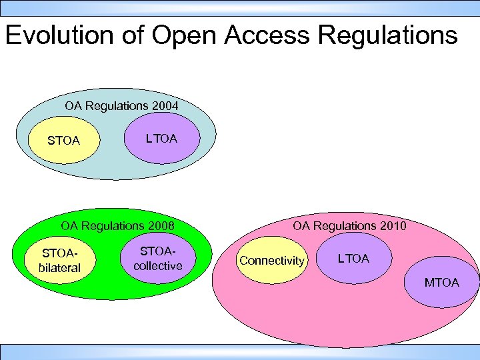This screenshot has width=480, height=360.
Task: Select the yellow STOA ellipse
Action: pyautogui.click(x=64, y=141)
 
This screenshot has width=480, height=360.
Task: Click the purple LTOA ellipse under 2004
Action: pyautogui.click(x=162, y=139)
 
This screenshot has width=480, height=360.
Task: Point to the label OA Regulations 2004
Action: pyautogui.click(x=121, y=105)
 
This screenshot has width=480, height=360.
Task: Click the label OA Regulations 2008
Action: pyautogui.click(x=117, y=226)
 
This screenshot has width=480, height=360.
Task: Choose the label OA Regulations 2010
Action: pyautogui.click(x=349, y=226)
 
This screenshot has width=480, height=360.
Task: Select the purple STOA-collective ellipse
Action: pyautogui.click(x=158, y=259)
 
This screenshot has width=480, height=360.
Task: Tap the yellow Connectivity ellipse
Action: pyautogui.click(x=271, y=261)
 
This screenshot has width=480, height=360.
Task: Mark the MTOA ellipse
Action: pyautogui.click(x=442, y=283)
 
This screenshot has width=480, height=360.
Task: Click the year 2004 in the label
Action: pyautogui.click(x=165, y=105)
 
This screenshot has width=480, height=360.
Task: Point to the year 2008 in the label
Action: pyautogui.click(x=161, y=226)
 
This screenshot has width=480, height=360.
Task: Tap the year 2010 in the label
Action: pyautogui.click(x=393, y=226)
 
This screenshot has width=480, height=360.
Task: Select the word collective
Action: pyautogui.click(x=158, y=266)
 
